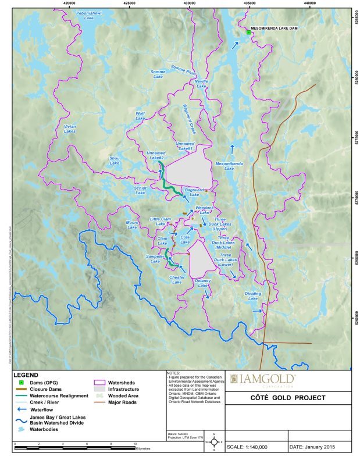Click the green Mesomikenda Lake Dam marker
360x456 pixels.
[x=248, y=33]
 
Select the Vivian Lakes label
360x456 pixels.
[x=70, y=130]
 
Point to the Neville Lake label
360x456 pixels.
[x=201, y=84]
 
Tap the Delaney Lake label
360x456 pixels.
[x=202, y=283]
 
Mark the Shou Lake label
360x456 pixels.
[x=114, y=161]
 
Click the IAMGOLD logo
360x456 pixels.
[x=262, y=380]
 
